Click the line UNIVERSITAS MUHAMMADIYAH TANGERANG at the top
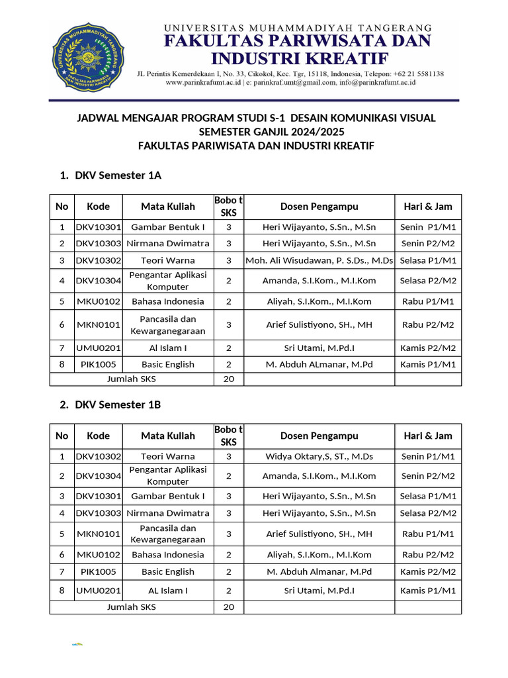pos(298,28)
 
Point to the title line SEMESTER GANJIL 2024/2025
pos(256,132)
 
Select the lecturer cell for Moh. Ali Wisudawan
pos(319,260)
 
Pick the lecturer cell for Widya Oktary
pos(319,456)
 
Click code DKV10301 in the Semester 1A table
pos(98,227)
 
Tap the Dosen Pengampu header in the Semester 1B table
pos(319,436)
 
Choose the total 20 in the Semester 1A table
pos(228,379)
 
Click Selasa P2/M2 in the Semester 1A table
pos(428,281)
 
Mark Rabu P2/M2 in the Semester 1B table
pos(428,555)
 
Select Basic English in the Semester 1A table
pos(167,364)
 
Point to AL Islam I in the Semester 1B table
pos(167,590)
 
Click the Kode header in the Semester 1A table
pos(98,207)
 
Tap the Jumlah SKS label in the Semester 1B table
pos(132,607)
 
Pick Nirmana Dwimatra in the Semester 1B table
pos(167,513)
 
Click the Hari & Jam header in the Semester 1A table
pos(428,207)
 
